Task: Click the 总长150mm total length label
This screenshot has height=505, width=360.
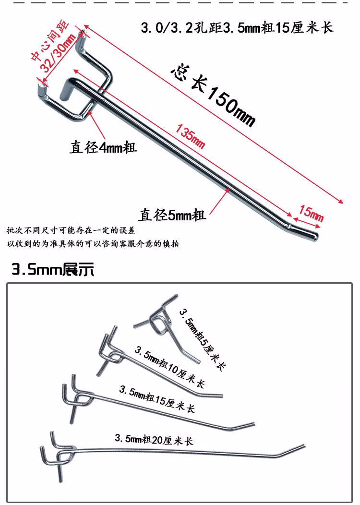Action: [213, 96]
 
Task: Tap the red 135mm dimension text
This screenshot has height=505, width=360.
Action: [190, 136]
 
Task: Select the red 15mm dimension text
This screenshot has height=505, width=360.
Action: [311, 213]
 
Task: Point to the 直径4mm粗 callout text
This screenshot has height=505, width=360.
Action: [103, 147]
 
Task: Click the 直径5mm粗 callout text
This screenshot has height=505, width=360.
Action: [172, 215]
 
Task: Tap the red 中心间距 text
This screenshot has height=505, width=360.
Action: [50, 41]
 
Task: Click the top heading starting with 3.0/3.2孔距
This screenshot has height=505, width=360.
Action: [237, 28]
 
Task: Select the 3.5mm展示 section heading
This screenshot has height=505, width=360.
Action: [53, 269]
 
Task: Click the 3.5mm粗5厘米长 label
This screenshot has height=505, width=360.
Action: [203, 339]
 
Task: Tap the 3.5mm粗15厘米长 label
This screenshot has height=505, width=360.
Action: [157, 399]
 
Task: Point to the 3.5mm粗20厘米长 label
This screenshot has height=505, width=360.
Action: [154, 440]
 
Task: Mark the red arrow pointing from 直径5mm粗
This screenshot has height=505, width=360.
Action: [219, 201]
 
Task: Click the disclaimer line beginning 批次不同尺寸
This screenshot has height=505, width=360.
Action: [71, 230]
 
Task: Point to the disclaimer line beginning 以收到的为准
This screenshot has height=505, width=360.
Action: [93, 244]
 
